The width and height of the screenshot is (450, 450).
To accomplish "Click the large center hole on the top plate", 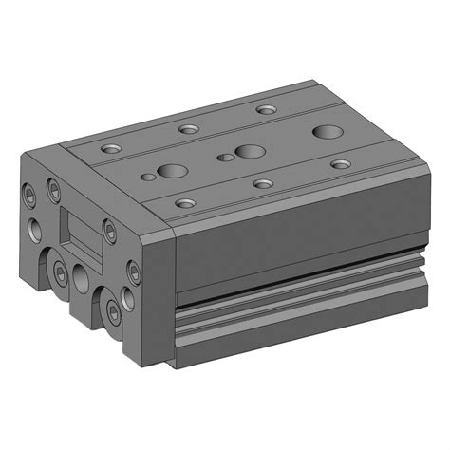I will coord(250,151).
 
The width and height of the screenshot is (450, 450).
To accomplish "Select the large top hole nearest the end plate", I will coord(172,172).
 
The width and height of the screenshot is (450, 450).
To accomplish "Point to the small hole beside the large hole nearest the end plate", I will coord(147,177).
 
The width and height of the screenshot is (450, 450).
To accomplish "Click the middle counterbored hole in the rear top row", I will coord(186,128).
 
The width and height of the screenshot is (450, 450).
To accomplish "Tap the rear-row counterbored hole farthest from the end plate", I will coord(267,109).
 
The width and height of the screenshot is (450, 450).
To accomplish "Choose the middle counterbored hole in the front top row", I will coord(262,182).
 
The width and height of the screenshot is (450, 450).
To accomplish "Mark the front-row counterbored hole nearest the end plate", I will coord(186,202).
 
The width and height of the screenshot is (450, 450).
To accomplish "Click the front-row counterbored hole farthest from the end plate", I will coord(340,164).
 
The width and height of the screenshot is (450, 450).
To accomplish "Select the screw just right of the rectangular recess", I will coord(110,230).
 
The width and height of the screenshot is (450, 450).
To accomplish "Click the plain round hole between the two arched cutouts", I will coord(82,277).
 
